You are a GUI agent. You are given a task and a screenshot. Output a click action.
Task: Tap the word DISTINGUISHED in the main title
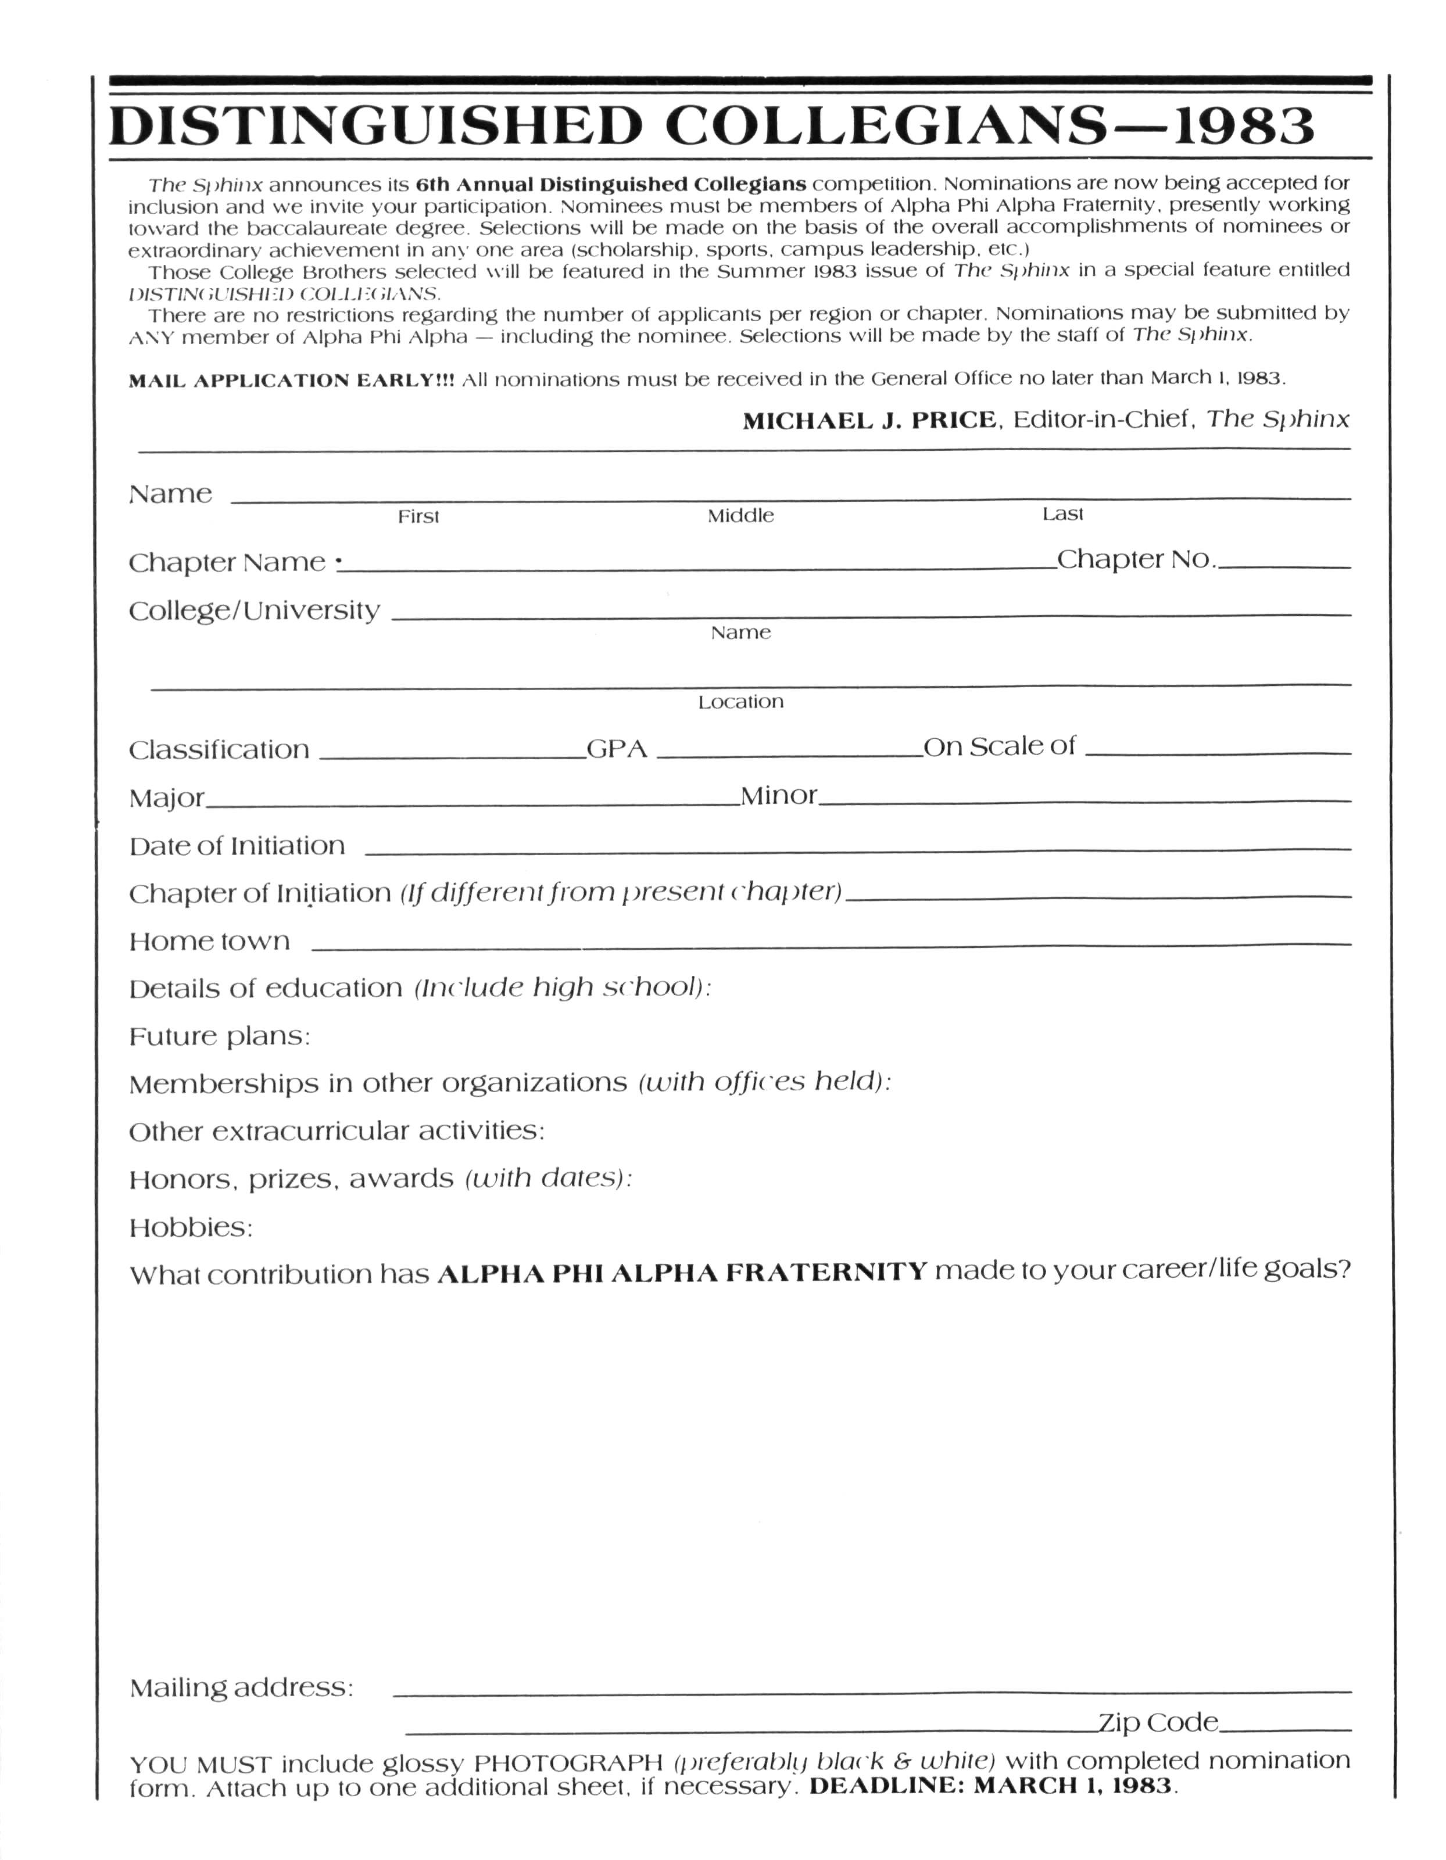375,126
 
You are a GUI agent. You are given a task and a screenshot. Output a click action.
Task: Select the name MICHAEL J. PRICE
868,421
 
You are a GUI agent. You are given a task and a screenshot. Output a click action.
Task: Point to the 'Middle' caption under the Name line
740,516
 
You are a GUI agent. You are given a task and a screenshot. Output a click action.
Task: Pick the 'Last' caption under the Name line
1062,515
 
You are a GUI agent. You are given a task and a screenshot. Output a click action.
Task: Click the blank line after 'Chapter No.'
1285,566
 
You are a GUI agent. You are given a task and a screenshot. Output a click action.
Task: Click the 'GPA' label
617,749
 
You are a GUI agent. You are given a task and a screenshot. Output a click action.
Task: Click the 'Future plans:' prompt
220,1036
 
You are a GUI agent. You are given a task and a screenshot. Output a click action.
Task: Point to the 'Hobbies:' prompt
191,1228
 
